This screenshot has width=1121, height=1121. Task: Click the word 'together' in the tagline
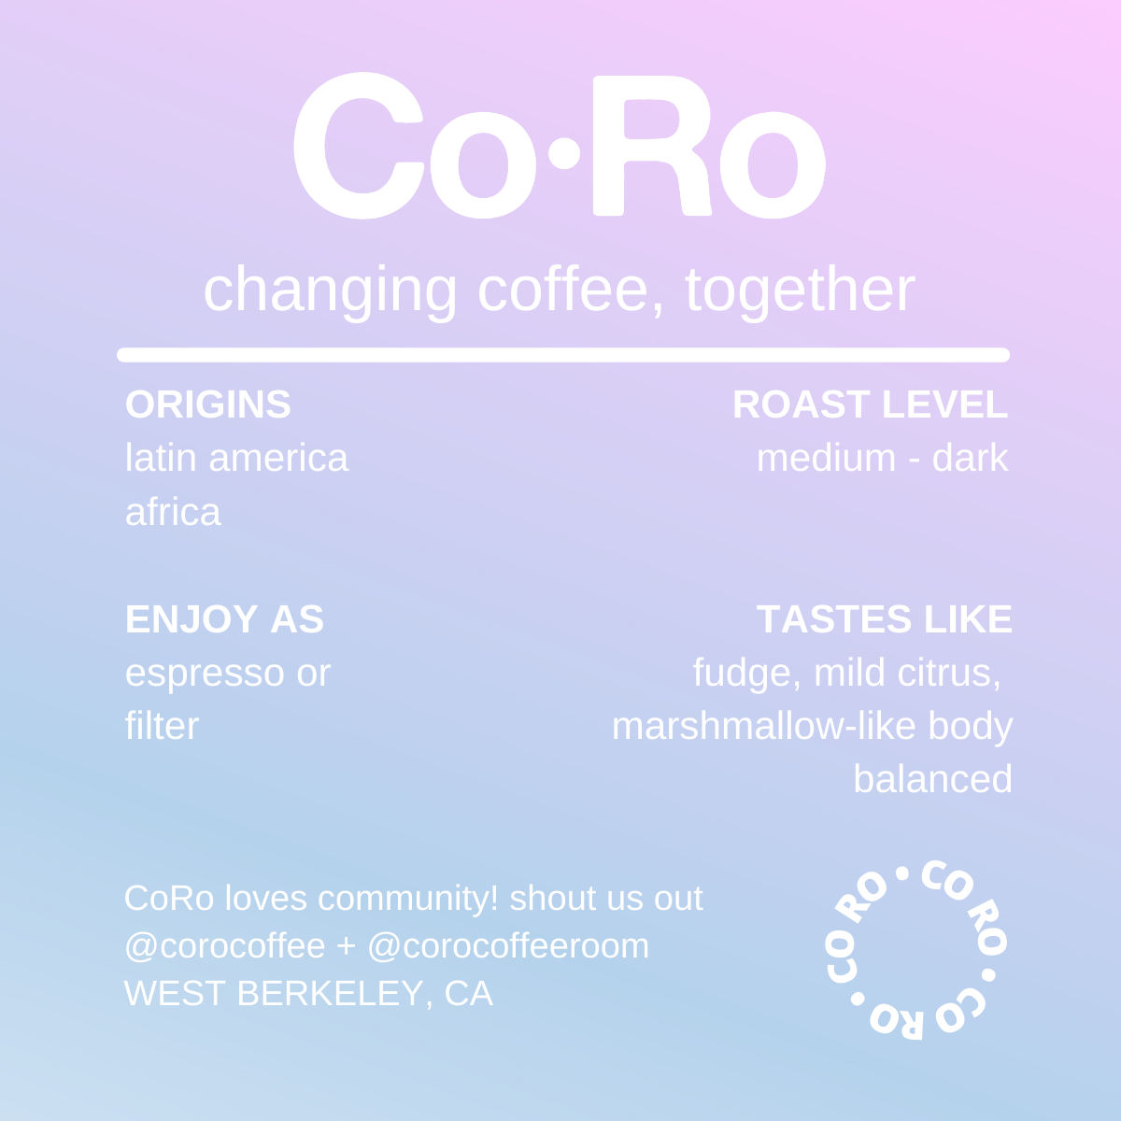800,290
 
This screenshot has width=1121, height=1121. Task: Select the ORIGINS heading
208,404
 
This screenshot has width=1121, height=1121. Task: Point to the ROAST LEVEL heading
870,404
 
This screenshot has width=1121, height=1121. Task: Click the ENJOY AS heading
224,619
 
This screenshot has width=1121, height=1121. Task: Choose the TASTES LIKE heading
884,619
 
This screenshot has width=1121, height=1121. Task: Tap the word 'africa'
173,512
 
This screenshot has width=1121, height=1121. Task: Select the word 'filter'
162,726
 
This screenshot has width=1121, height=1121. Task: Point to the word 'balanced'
932,779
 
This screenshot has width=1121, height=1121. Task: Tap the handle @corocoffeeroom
508,946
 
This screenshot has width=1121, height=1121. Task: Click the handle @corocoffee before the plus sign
224,946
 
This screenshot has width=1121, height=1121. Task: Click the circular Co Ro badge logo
915,949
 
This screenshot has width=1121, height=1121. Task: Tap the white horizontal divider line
563,355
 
